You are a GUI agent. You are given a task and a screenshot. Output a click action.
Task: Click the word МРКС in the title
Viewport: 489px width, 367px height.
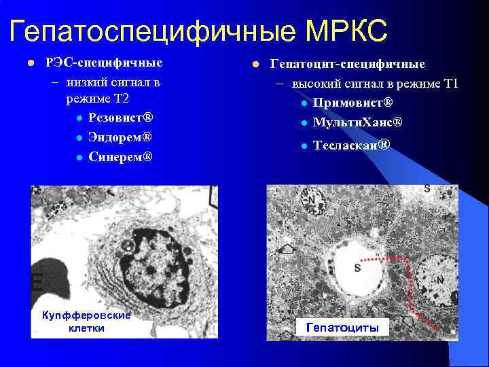coord(347,31)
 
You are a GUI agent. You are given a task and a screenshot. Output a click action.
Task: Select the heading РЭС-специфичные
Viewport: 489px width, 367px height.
coord(103,63)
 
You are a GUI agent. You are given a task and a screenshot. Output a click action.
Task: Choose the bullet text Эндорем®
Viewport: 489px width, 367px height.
coord(120,137)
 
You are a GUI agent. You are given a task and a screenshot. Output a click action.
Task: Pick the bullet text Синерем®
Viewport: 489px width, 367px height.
coord(120,157)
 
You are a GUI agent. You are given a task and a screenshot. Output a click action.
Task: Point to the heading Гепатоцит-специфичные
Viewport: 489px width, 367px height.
coord(348,64)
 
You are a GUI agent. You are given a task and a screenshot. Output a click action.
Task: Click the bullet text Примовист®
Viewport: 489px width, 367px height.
coord(353,103)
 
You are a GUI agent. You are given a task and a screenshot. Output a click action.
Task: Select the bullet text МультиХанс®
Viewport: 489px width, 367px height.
coord(358,123)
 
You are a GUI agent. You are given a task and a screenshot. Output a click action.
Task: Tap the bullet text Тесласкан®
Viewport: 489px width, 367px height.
coord(352,145)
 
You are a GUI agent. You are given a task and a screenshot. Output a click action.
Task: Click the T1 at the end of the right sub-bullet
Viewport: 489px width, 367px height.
coord(451,84)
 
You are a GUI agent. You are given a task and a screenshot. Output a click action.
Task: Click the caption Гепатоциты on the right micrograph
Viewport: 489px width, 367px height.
coord(343,328)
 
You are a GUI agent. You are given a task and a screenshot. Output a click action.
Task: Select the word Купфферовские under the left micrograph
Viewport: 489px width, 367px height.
coord(86,315)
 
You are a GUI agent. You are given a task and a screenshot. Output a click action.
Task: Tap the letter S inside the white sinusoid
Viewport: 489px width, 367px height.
coord(357,268)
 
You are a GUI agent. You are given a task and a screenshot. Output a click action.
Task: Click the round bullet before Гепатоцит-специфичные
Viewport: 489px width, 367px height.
coord(255,64)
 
